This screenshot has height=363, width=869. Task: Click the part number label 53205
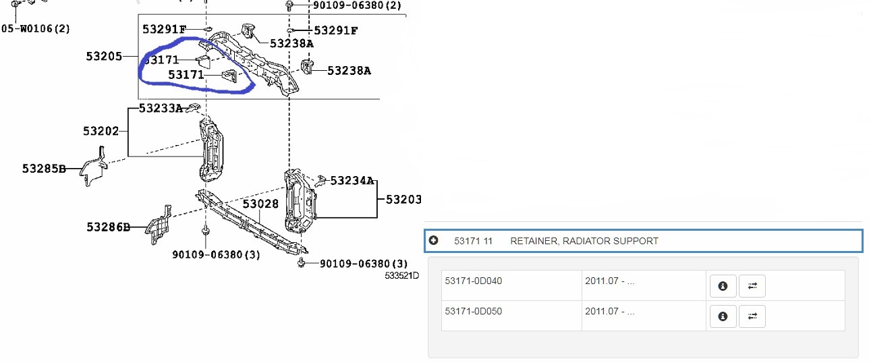coord(104,57)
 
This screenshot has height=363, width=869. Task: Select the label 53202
coord(101,131)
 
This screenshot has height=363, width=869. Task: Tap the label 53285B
coord(44,169)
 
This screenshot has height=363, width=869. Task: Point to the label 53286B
coord(108,227)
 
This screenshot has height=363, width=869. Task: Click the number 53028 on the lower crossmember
coord(260,204)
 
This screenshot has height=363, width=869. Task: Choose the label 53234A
coord(352,181)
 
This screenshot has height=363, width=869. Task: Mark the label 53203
coord(403,200)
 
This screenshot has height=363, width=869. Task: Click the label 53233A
coord(161,108)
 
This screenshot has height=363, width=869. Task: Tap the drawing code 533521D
coord(402,275)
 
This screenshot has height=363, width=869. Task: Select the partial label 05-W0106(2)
coord(35,28)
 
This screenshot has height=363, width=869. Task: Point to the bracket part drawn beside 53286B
coord(159,224)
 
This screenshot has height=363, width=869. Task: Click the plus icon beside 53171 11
coord(433,241)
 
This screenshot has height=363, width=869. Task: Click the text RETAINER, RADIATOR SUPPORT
coord(584,241)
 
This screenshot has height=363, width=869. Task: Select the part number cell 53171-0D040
coord(474,281)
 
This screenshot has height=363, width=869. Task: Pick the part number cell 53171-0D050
coord(474,312)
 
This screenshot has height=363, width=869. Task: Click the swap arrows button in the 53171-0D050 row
coord(752,316)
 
